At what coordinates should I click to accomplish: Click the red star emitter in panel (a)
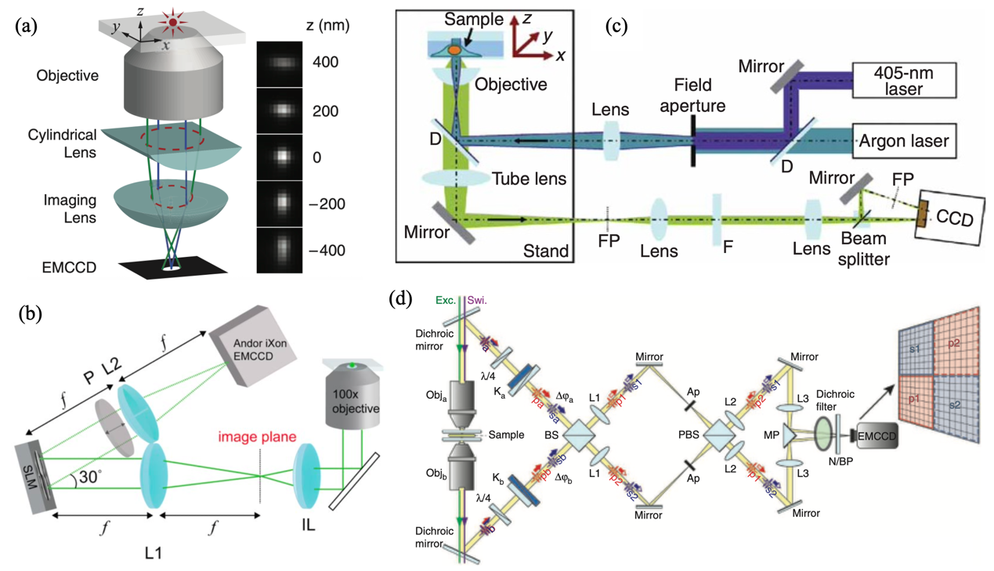(173, 22)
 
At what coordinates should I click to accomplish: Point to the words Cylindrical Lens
(67, 143)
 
